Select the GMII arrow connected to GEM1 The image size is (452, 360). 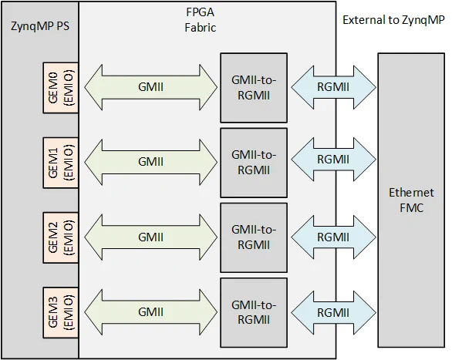[x=149, y=162]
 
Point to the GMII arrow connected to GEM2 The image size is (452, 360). [x=149, y=237]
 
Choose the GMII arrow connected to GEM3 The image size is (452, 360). [x=149, y=311]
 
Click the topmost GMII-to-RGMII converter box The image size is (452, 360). [x=254, y=87]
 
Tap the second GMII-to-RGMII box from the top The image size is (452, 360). [x=254, y=162]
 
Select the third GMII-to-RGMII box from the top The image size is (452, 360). [x=254, y=237]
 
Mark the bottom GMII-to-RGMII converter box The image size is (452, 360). [x=254, y=311]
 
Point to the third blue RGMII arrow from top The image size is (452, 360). [x=332, y=237]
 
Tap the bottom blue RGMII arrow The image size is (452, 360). [x=332, y=311]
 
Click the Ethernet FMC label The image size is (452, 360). [x=410, y=199]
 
